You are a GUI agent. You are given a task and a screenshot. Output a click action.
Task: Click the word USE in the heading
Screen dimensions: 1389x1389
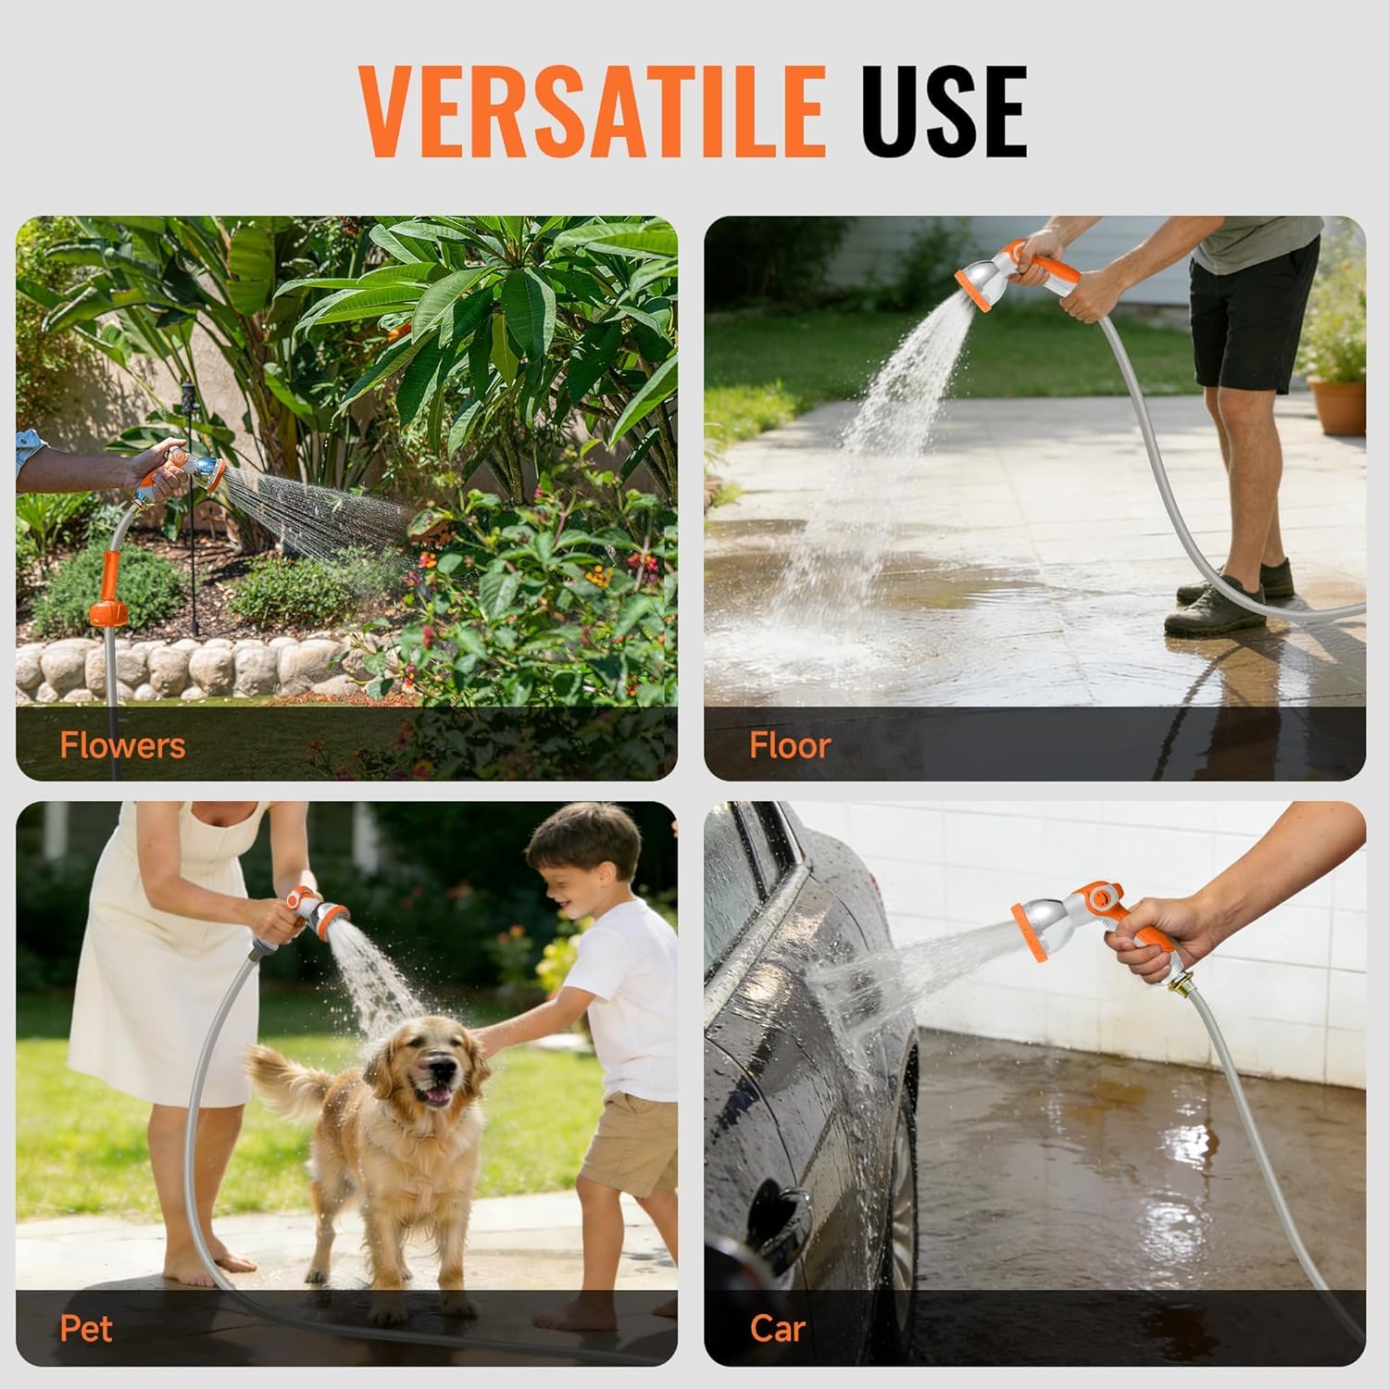pyautogui.click(x=945, y=112)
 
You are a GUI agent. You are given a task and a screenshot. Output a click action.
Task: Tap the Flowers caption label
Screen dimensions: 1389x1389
pyautogui.click(x=122, y=745)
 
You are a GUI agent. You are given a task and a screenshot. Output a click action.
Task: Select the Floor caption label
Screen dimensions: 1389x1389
pyautogui.click(x=789, y=745)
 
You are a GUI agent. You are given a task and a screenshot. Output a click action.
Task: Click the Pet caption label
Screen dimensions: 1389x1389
pyautogui.click(x=86, y=1329)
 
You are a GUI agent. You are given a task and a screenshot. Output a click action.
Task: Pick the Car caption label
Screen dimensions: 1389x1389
pyautogui.click(x=777, y=1329)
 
